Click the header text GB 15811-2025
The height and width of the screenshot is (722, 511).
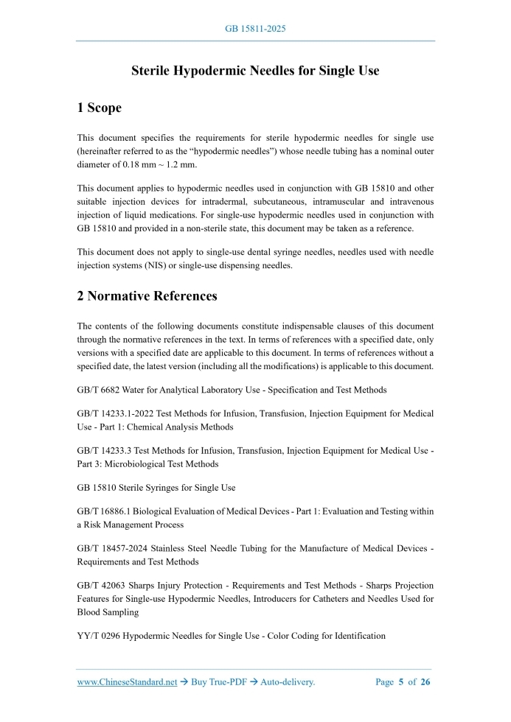pyautogui.click(x=255, y=29)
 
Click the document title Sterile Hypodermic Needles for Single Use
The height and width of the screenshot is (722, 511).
pyautogui.click(x=255, y=71)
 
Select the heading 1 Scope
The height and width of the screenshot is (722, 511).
pyautogui.click(x=100, y=108)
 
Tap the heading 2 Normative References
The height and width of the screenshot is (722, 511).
pyautogui.click(x=147, y=296)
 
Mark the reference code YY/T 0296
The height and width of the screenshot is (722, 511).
pyautogui.click(x=99, y=636)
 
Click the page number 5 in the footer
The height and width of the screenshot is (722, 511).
pyautogui.click(x=402, y=682)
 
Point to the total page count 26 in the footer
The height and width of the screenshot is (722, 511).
pyautogui.click(x=425, y=682)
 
